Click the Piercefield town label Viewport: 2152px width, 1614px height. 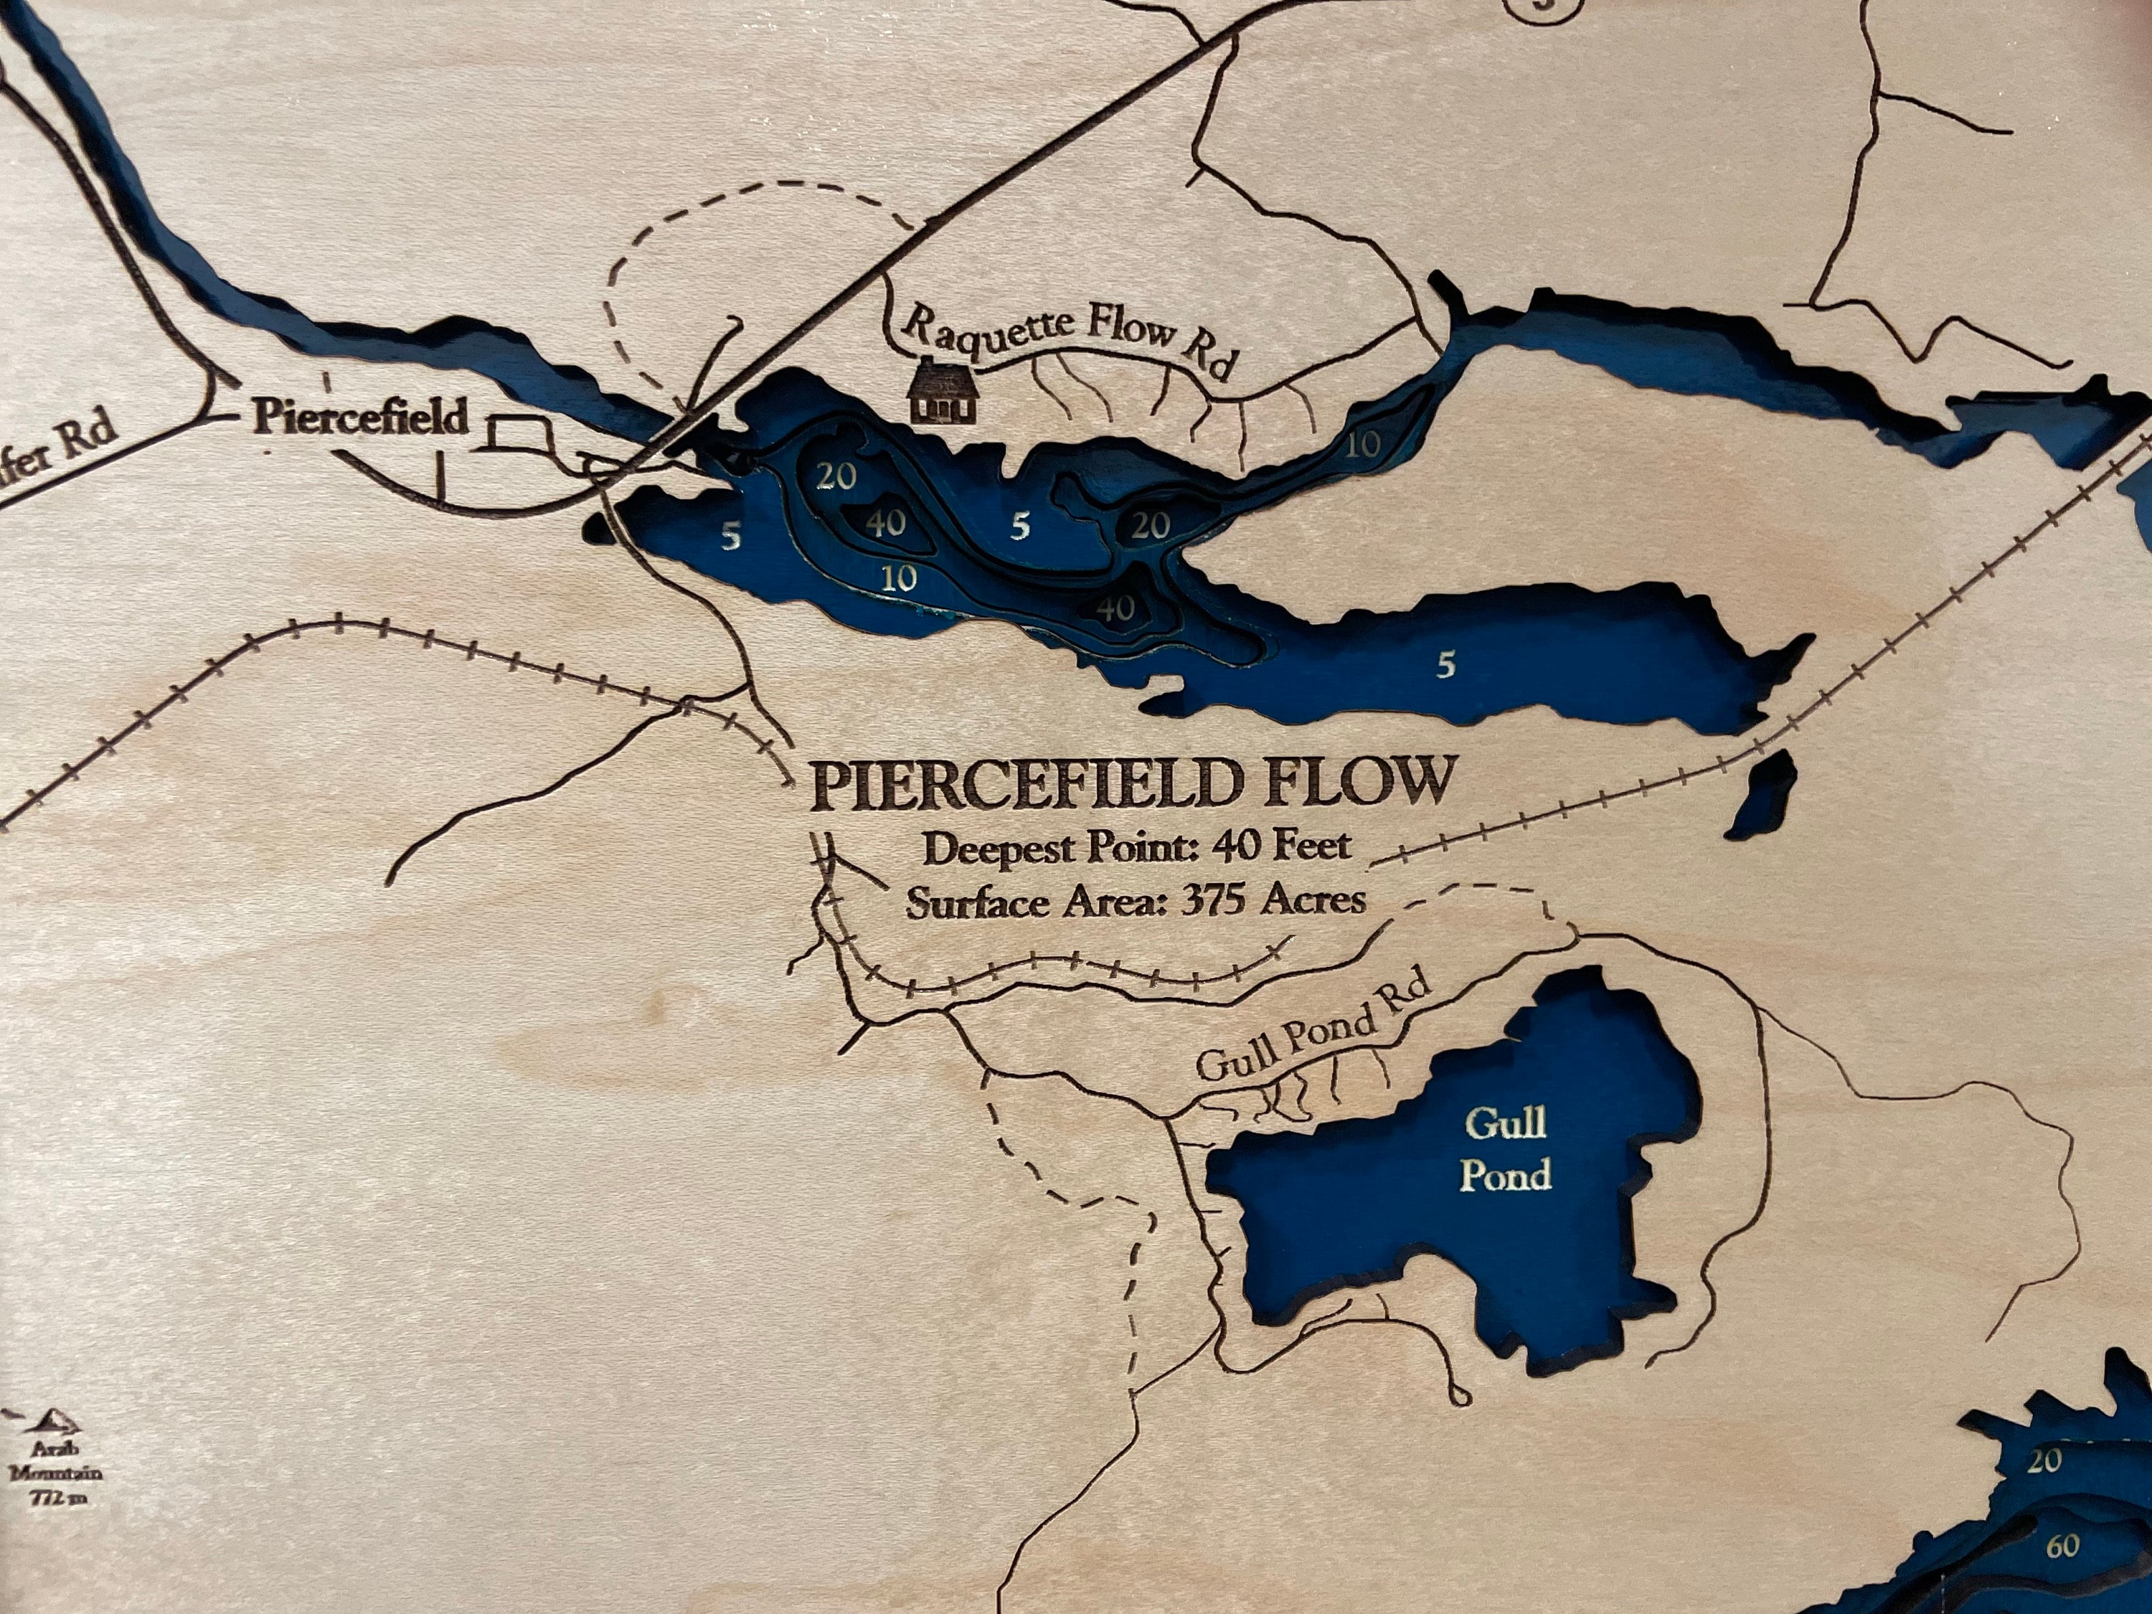tap(360, 417)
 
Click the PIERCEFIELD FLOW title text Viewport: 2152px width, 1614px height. tap(1133, 784)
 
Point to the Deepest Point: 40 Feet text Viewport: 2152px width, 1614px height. tap(1136, 847)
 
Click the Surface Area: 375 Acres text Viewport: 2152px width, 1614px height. tap(1136, 902)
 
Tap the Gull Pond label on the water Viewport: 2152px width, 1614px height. tap(1505, 1149)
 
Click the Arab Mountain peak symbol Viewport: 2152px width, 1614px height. tap(58, 1421)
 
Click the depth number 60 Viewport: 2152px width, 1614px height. tap(2062, 1546)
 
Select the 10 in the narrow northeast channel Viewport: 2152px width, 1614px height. tap(1363, 445)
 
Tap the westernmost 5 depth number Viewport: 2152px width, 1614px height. tap(731, 536)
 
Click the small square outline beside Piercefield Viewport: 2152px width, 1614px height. tap(519, 434)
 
